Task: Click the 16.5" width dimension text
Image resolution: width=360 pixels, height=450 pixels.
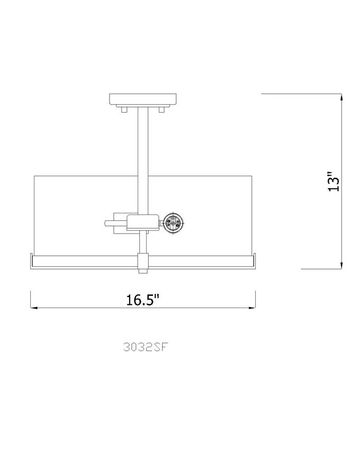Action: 143,300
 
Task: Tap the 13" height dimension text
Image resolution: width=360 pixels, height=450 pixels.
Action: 332,181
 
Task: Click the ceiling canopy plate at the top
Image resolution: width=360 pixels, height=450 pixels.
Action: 143,100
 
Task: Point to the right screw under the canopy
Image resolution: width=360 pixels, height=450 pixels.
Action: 163,110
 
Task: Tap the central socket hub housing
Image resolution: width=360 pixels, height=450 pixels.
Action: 143,223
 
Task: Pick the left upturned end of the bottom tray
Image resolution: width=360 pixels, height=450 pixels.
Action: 32,260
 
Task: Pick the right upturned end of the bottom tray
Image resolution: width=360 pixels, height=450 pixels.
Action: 255,260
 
